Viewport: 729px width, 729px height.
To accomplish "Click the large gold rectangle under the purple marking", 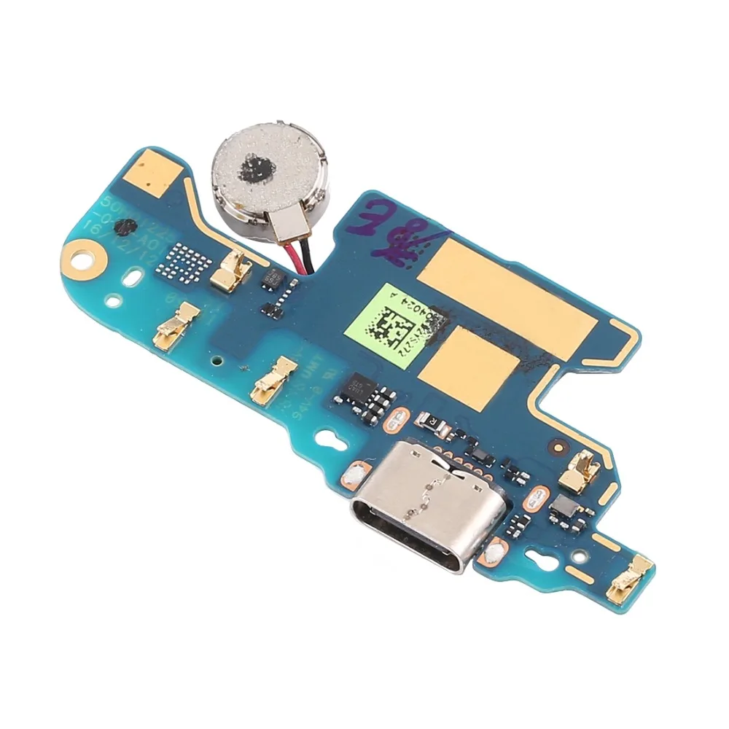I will click(x=510, y=292).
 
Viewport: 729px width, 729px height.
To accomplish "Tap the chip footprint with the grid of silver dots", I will click(x=183, y=260).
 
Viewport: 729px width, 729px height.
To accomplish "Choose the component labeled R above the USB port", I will click(x=427, y=421).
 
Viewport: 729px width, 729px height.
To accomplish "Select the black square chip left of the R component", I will click(x=362, y=387).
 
